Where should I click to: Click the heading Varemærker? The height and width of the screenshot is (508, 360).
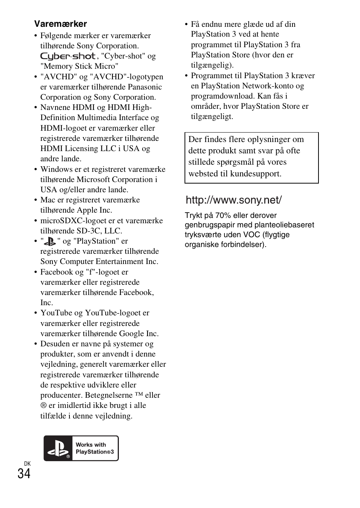pyautogui.click(x=60, y=24)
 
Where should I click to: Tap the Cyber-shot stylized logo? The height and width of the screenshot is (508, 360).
pyautogui.click(x=68, y=56)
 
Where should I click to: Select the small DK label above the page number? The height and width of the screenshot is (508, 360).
pyautogui.click(x=27, y=464)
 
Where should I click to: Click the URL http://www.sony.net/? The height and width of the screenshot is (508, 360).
pyautogui.click(x=234, y=200)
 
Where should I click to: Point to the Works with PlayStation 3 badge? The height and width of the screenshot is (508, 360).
pyautogui.click(x=81, y=448)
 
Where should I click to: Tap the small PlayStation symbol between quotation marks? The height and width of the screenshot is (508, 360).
pyautogui.click(x=50, y=241)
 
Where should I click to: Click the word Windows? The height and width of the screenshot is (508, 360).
pyautogui.click(x=56, y=169)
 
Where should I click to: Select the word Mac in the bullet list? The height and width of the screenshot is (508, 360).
pyautogui.click(x=48, y=200)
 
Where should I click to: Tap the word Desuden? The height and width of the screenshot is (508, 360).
pyautogui.click(x=55, y=344)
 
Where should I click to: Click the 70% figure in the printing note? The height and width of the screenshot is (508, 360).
pyautogui.click(x=223, y=216)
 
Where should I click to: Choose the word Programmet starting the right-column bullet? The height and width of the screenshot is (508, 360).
pyautogui.click(x=211, y=76)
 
